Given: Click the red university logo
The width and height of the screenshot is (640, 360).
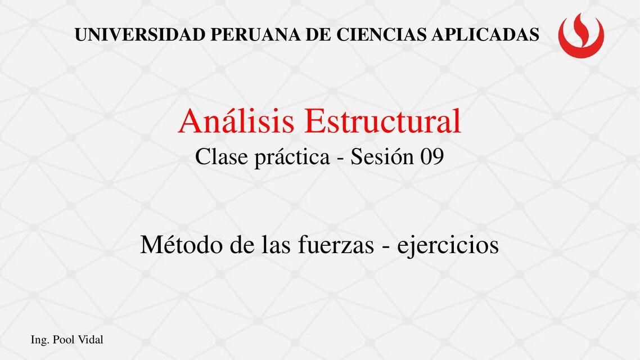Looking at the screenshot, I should (581, 35).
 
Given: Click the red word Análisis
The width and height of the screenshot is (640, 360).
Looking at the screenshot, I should (238, 121).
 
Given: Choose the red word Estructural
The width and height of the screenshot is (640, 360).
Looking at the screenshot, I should (384, 121).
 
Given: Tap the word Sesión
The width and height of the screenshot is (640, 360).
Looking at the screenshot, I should (381, 157).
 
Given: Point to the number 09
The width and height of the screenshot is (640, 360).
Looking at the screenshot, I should (431, 157).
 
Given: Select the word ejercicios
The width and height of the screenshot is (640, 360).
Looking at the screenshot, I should (448, 246).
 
